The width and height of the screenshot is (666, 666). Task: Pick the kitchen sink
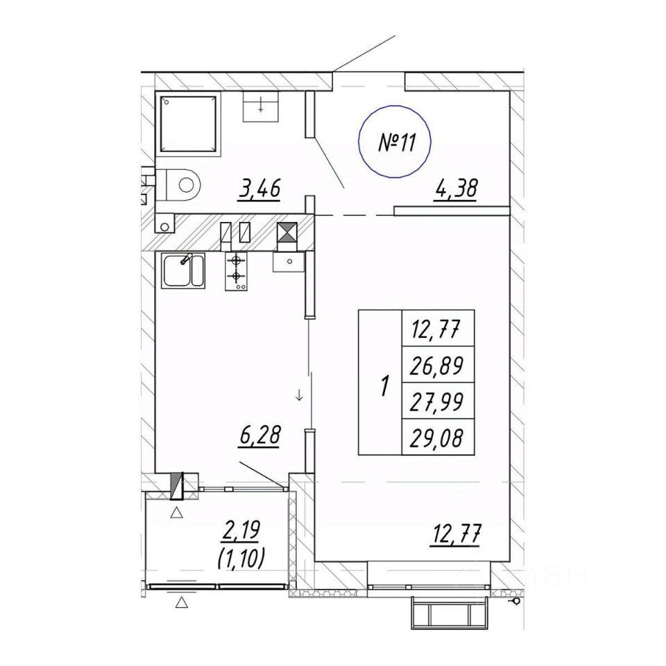182,271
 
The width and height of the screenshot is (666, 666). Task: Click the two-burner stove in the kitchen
238,270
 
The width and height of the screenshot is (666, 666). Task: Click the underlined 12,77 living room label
456,535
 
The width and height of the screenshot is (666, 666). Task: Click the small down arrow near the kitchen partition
298,396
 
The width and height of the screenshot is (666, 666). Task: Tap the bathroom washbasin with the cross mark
261,108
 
